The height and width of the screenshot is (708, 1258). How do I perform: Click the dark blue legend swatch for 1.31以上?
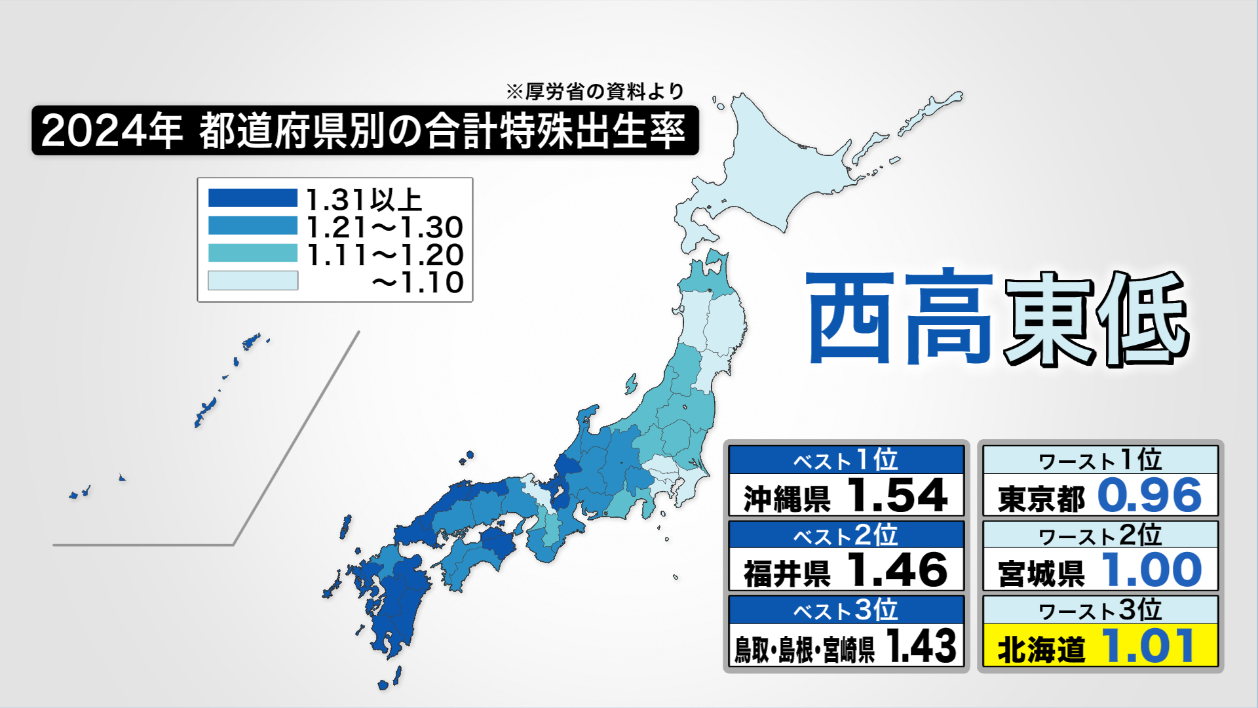point(252,198)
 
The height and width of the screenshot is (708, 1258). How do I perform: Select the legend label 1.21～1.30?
point(385,227)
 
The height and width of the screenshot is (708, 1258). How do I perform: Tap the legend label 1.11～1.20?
point(385,255)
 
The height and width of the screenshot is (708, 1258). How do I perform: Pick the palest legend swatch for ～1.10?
point(252,281)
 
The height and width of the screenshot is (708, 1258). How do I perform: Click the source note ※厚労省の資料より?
point(595,92)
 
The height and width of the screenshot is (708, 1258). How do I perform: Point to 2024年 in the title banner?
point(111,131)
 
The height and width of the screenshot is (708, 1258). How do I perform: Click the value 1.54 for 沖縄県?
point(897,496)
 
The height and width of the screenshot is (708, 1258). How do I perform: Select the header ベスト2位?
point(845,536)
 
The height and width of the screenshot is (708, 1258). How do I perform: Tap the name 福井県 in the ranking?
point(787,572)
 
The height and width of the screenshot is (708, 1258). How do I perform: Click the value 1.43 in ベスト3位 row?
point(921,646)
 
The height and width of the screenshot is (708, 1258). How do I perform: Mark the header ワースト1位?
point(1100,460)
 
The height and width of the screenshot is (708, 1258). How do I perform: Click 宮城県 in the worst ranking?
point(1041,572)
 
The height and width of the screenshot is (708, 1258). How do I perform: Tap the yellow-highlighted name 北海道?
point(1041,648)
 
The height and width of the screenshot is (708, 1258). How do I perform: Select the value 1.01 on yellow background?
point(1148,646)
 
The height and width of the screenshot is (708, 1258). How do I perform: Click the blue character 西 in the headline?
point(850,318)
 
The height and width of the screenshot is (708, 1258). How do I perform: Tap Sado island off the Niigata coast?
point(630,384)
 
